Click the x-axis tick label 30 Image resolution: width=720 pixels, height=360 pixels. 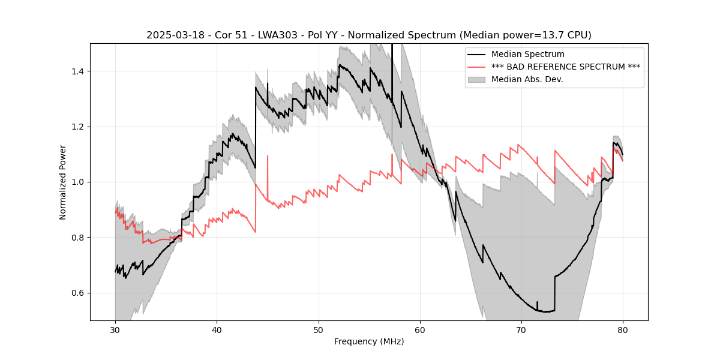115,330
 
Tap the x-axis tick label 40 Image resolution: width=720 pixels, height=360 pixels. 217,330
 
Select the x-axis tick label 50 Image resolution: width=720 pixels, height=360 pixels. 318,330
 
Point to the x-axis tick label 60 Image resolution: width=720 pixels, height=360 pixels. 420,330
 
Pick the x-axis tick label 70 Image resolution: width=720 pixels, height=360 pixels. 521,330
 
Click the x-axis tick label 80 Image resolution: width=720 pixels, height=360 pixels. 623,330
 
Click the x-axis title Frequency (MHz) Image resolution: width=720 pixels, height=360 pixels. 369,341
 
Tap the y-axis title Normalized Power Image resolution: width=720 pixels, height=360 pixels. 63,182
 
